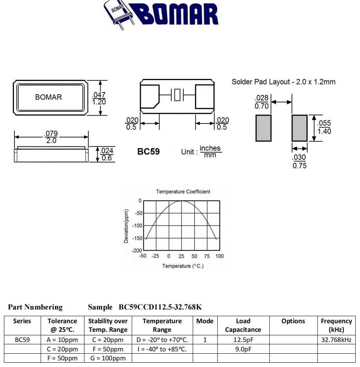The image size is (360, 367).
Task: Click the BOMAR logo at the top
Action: [x=161, y=15]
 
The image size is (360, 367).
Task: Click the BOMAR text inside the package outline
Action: [x=48, y=97]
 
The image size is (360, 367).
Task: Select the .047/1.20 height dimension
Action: [x=99, y=98]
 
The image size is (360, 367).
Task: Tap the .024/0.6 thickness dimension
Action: [x=106, y=154]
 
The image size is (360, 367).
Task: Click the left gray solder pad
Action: [x=263, y=128]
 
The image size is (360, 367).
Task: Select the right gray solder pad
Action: [x=299, y=128]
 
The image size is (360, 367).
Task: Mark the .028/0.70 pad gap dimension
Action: [x=261, y=102]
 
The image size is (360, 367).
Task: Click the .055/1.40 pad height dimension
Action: [x=324, y=127]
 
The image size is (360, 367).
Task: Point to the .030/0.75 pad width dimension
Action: [x=300, y=161]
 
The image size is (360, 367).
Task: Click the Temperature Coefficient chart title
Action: [x=183, y=192]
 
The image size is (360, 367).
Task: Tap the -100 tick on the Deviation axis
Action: [x=137, y=226]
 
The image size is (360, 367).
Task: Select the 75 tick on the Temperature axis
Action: [x=207, y=256]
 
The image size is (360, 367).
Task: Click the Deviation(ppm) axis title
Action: [x=126, y=226]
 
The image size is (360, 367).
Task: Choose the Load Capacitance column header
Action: [x=243, y=325]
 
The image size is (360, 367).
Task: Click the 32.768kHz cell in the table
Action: [x=336, y=340]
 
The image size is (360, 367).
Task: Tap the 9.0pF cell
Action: [x=243, y=349]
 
